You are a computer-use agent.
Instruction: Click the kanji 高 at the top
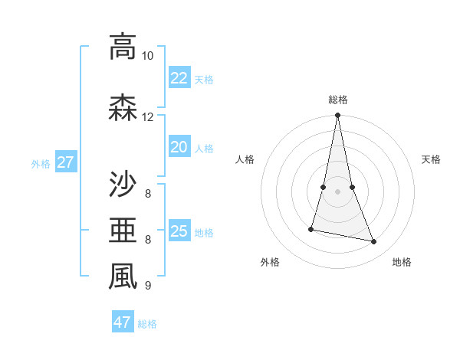click(123, 47)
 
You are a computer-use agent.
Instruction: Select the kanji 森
click(123, 108)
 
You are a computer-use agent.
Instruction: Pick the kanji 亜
click(123, 231)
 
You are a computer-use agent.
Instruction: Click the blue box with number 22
click(179, 78)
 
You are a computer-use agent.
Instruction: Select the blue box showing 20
click(179, 147)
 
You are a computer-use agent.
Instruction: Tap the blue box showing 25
click(179, 231)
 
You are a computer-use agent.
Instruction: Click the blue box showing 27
click(65, 162)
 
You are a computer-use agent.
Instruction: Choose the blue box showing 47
click(122, 322)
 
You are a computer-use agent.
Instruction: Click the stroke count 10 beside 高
click(147, 56)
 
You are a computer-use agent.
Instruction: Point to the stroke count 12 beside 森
click(147, 117)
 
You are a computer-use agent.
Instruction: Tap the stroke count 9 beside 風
click(147, 286)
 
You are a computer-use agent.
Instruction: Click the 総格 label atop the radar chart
click(337, 100)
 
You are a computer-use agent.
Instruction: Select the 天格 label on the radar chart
click(431, 159)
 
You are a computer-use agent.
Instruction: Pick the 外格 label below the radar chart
click(270, 262)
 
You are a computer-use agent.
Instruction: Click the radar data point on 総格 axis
click(337, 116)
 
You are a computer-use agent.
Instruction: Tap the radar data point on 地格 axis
click(374, 242)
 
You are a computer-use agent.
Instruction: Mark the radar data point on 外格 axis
click(311, 229)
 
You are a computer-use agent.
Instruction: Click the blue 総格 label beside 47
click(147, 324)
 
